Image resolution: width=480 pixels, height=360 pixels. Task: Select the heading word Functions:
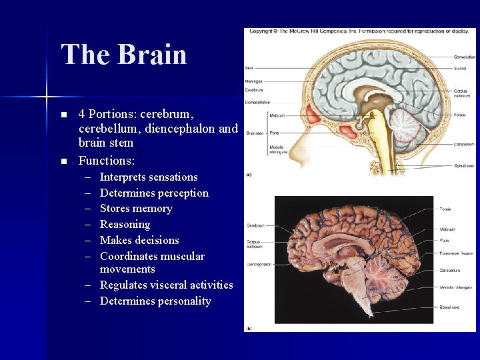tap(107, 161)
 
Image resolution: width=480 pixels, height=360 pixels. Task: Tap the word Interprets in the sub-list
tap(125, 177)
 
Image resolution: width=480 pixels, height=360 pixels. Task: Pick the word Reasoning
tap(125, 225)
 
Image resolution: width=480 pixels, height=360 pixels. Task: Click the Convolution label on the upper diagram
tap(464, 57)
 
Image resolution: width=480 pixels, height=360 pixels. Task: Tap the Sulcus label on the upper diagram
tap(460, 68)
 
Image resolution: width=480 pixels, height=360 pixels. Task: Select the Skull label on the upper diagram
tap(249, 68)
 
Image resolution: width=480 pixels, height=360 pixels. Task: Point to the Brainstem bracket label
tap(253, 133)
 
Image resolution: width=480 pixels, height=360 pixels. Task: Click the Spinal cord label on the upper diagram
tap(464, 165)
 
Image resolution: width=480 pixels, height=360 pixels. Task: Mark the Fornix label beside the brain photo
tap(445, 209)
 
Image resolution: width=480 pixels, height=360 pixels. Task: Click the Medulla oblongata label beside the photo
tap(456, 287)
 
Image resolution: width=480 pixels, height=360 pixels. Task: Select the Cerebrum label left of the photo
tap(256, 225)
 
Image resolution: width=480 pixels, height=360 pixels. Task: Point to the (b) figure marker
tap(249, 328)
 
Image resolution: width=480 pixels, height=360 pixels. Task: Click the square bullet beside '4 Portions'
tap(64, 115)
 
